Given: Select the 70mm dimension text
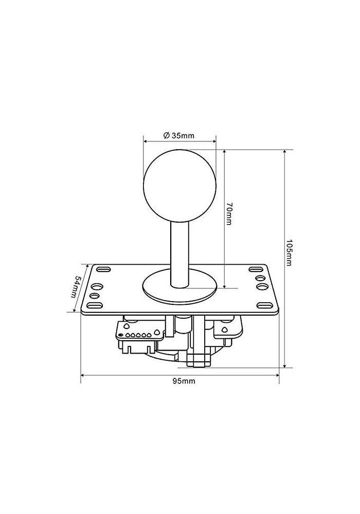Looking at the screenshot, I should coord(229,215).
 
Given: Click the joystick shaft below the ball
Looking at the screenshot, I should coord(179,247).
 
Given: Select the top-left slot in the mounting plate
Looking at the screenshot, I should coord(103,269).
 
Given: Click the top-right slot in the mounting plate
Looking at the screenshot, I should coord(256,269).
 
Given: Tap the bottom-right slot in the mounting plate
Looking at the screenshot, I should coord(264,306).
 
